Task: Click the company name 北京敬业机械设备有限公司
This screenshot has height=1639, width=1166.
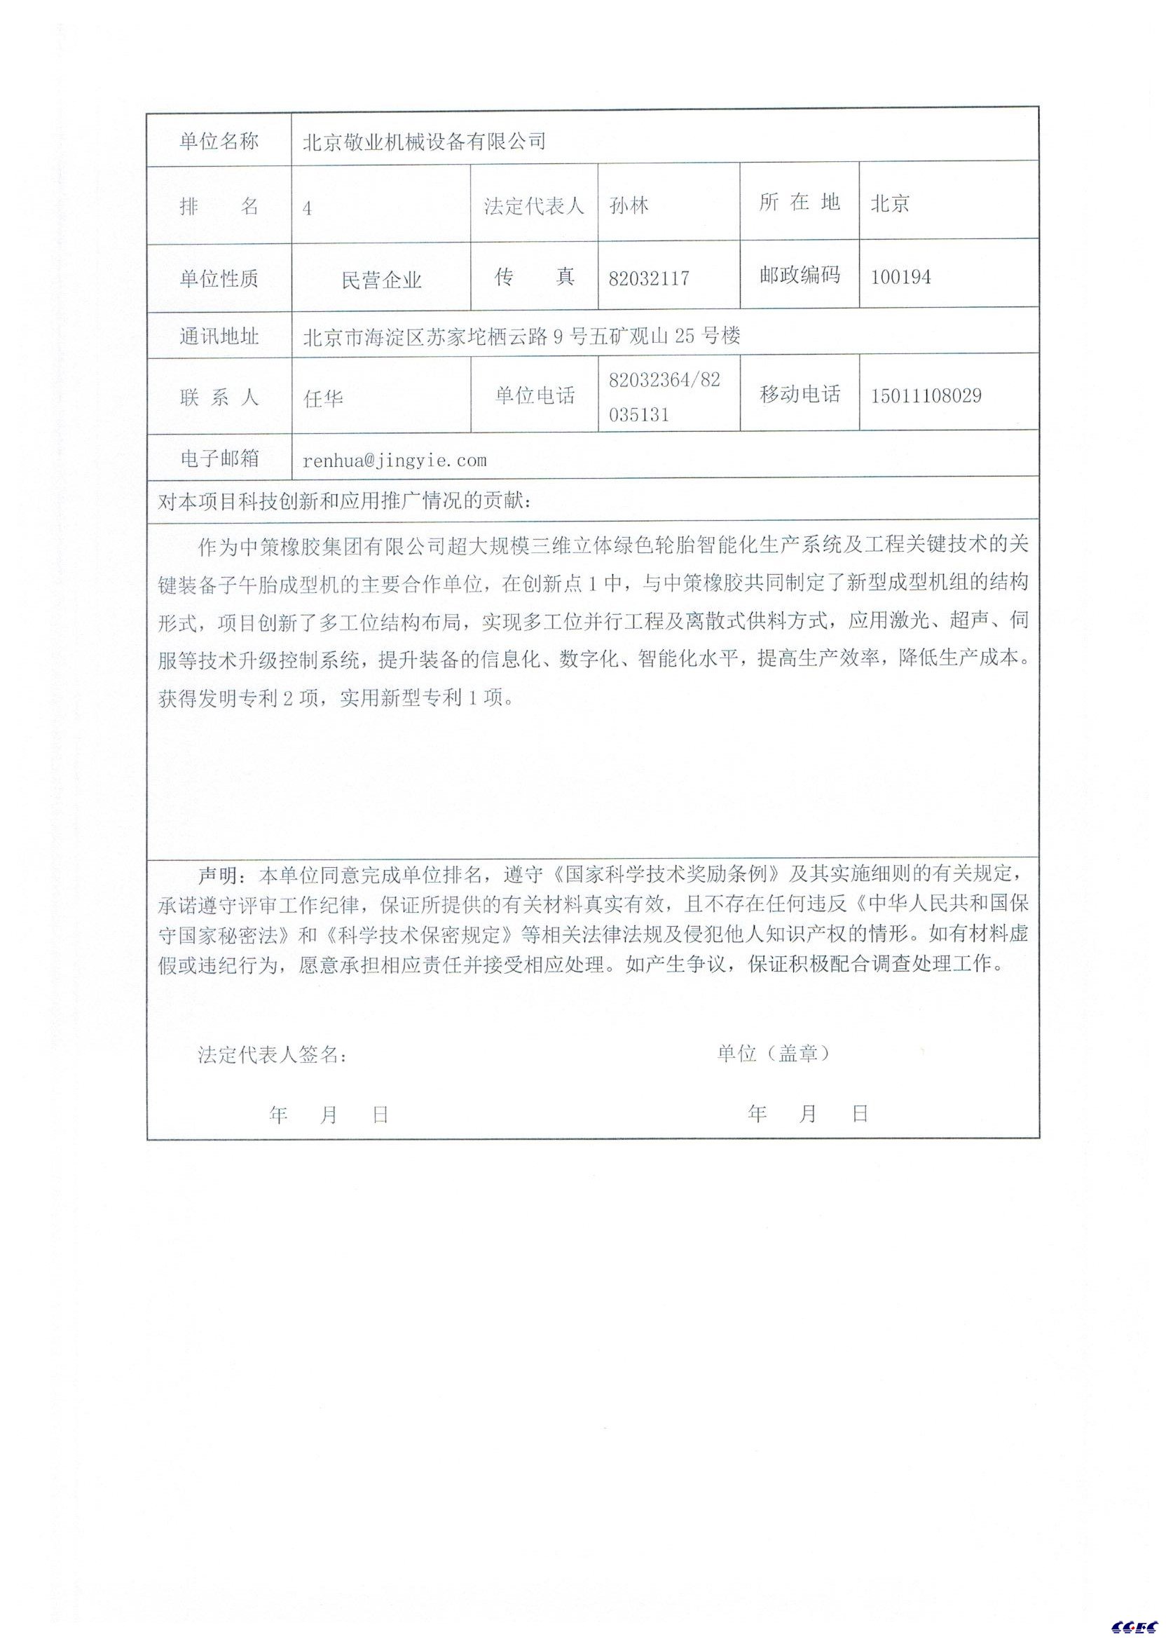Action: click(425, 142)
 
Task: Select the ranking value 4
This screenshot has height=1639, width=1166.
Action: click(308, 209)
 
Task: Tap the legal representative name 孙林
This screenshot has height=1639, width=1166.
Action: click(629, 206)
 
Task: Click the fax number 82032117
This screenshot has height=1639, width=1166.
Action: click(648, 278)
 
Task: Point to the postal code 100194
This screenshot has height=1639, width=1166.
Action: click(900, 277)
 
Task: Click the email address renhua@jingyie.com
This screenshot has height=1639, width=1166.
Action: click(395, 461)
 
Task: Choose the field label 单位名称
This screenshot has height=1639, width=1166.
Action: click(219, 142)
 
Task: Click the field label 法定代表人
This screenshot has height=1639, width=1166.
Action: click(534, 206)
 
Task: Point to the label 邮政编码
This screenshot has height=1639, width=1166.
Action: click(800, 275)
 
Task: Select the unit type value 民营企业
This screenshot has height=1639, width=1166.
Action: click(381, 280)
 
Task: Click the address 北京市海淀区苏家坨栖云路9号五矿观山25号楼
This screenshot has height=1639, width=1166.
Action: click(521, 336)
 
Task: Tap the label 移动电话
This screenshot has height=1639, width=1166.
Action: click(800, 394)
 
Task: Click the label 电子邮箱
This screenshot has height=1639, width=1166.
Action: click(219, 459)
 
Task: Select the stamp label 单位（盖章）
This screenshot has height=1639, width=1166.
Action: click(774, 1053)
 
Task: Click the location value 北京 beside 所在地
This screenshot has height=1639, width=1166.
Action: click(891, 204)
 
